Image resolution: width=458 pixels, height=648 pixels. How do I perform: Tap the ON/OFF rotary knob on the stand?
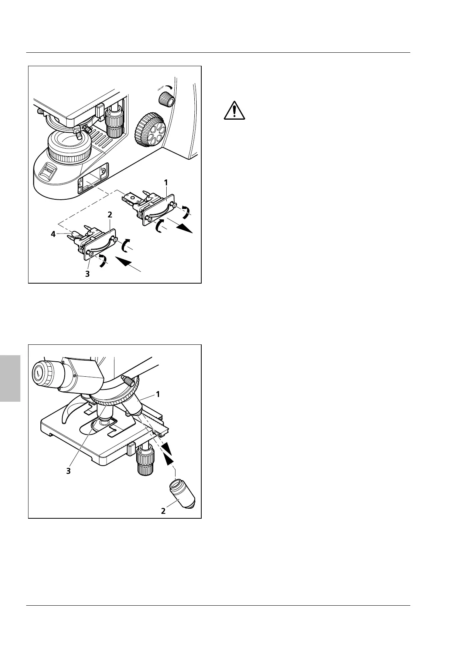click(x=166, y=100)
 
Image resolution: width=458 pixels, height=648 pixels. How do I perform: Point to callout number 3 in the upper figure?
click(x=88, y=274)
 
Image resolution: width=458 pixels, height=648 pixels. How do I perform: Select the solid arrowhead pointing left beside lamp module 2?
click(x=126, y=263)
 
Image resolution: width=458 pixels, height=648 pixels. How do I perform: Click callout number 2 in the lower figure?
click(x=164, y=511)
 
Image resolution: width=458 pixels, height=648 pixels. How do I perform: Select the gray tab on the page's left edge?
click(x=10, y=379)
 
